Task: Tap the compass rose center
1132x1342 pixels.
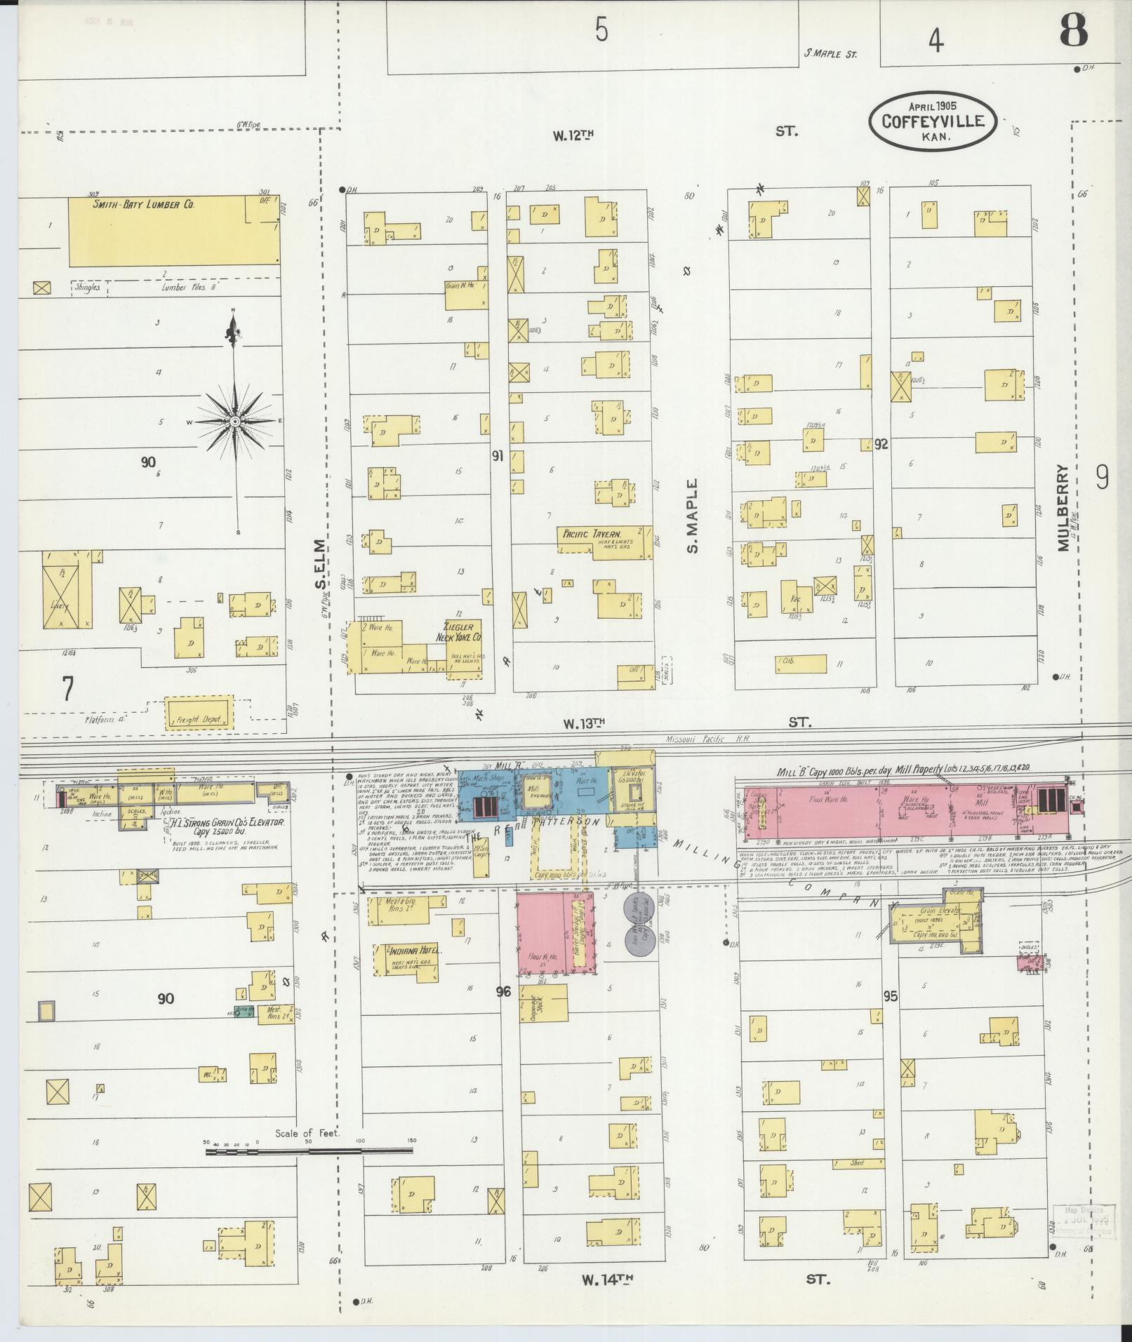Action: coord(234,421)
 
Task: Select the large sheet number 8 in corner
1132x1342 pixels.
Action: coord(1074,30)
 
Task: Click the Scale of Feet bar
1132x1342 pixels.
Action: coord(309,1151)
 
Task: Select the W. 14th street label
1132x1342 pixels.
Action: coord(603,1280)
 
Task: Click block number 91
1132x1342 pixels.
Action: coord(497,457)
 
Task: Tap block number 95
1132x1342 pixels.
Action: coord(891,996)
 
